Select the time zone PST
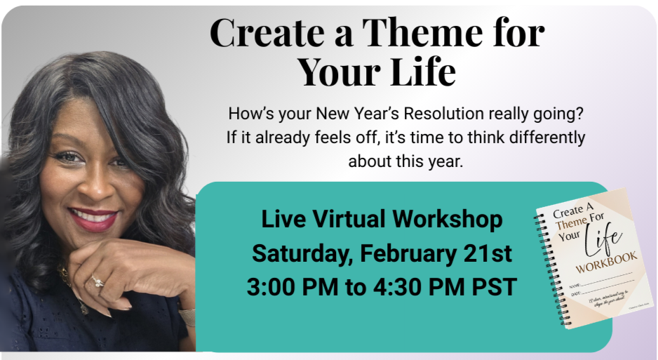[x=494, y=287]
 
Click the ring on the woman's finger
[x=96, y=281]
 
